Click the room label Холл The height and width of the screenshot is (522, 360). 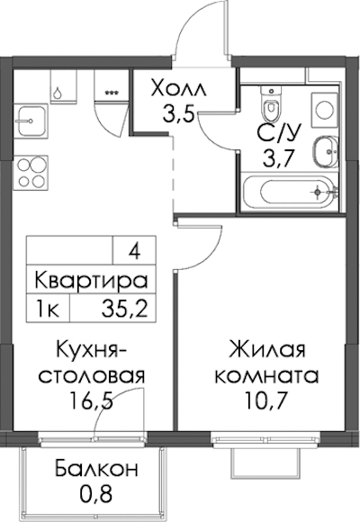pos(178,89)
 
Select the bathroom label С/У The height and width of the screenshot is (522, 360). pos(279,133)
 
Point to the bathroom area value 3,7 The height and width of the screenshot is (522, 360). pos(278,158)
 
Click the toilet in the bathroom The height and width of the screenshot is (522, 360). pos(272,104)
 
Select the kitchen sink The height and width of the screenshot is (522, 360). pos(31,121)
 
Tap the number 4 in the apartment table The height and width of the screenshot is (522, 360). pos(134,251)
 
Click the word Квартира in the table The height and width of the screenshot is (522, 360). pos(91,280)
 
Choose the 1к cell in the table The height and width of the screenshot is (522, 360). pos(48,309)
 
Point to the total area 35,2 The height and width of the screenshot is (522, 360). pos(124,309)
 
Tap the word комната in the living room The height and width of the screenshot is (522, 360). pos(266,376)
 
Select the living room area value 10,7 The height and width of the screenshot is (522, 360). pos(266,400)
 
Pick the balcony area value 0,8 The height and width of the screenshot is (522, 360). pos(96,494)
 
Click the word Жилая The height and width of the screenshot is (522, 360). pos(266,350)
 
